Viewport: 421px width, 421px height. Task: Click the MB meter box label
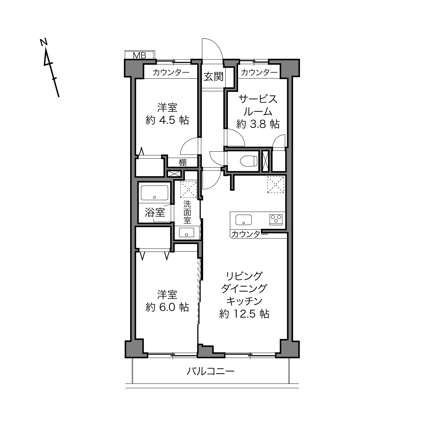click(140, 55)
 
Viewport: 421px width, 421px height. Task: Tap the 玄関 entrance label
click(214, 76)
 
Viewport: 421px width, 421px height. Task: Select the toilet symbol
click(249, 161)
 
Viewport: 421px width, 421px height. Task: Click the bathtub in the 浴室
click(154, 193)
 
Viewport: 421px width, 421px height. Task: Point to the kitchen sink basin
click(243, 220)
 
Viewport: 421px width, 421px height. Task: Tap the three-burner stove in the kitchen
click(276, 220)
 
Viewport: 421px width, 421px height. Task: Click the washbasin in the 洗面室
click(186, 232)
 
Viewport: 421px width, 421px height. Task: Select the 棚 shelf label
click(183, 162)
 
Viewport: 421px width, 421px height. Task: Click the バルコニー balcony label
click(210, 371)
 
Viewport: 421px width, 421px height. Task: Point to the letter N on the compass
click(44, 42)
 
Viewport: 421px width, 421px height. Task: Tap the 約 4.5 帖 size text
click(167, 120)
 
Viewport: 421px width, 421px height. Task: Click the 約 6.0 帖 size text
click(167, 307)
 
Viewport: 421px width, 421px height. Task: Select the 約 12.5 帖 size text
click(244, 314)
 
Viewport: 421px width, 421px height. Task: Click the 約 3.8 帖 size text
click(258, 124)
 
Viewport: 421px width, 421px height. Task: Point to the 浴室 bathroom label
click(155, 213)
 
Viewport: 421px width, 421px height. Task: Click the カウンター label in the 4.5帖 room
click(171, 72)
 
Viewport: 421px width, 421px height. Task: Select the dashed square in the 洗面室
click(188, 189)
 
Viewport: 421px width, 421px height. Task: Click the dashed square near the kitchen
click(276, 185)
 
